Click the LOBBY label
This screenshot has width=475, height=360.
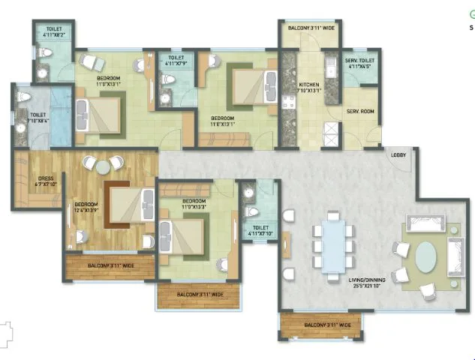[x=398, y=155]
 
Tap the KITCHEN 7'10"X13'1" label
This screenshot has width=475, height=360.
[x=309, y=88]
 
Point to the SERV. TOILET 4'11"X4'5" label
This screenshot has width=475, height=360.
[x=359, y=63]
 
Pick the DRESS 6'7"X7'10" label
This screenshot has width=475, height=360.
[x=32, y=181]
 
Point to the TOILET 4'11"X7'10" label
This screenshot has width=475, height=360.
[x=260, y=229]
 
